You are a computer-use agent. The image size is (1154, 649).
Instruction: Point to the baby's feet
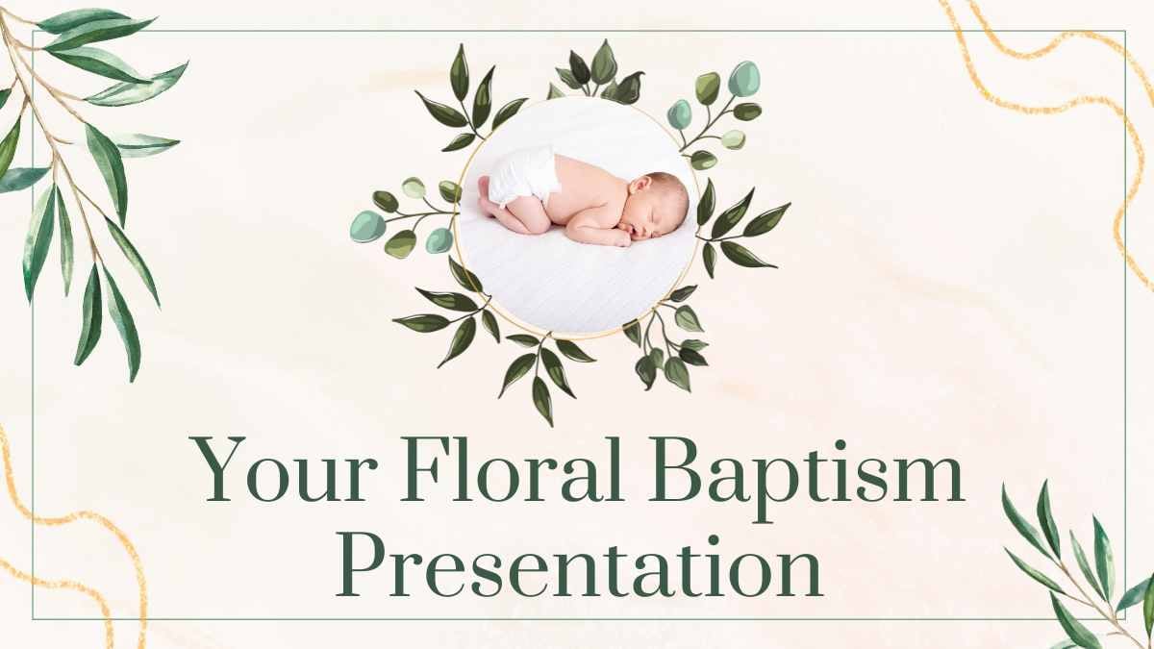488,197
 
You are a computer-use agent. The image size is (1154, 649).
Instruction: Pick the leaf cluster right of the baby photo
740,231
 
